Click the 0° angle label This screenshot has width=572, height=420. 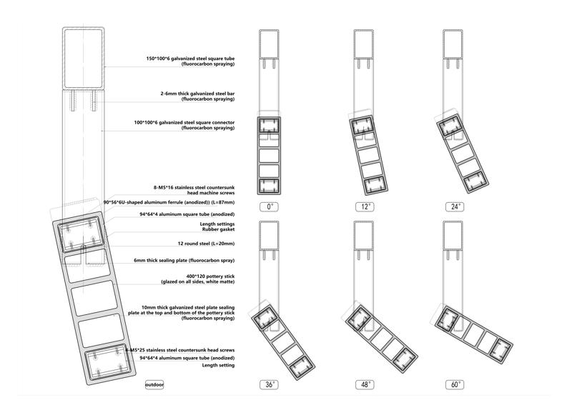270,206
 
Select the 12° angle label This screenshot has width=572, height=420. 365,206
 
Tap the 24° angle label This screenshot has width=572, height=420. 455,206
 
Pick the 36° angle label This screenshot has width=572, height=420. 270,384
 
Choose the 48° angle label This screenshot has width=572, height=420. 365,384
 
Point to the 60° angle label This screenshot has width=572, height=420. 455,384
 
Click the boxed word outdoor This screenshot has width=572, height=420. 154,384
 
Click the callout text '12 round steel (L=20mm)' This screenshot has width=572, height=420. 206,244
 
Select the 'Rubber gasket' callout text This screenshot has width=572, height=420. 219,229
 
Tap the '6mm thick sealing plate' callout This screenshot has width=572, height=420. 184,260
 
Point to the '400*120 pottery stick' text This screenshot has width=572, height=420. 210,276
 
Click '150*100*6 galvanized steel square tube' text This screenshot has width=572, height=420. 190,59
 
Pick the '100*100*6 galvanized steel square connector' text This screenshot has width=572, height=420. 184,123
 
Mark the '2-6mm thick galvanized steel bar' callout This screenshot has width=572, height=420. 197,94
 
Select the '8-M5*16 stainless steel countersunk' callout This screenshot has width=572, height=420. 194,187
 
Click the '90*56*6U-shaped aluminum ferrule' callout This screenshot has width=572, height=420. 169,202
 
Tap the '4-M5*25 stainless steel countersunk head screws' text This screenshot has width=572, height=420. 180,351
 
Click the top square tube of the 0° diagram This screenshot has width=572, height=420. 270,44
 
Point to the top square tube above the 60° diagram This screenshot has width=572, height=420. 453,236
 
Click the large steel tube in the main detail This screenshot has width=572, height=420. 84,59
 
